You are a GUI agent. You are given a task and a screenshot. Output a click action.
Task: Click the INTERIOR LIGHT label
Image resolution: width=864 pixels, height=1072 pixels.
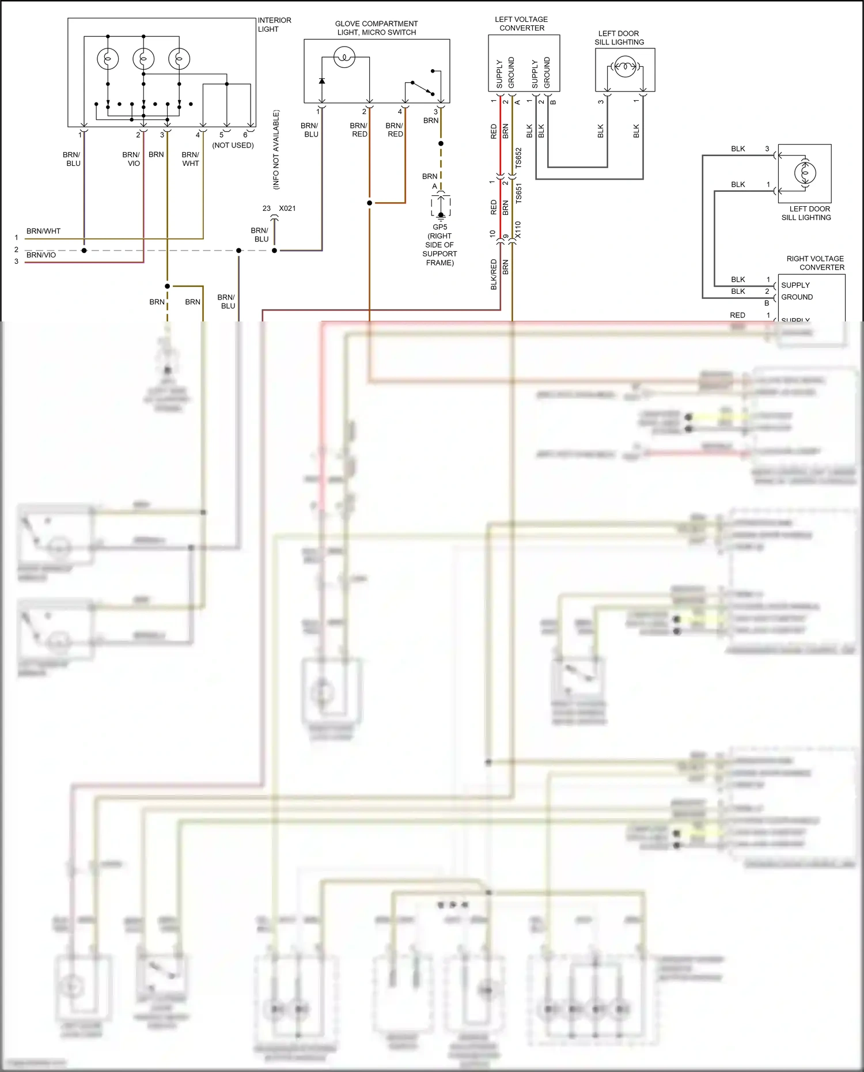point(274,24)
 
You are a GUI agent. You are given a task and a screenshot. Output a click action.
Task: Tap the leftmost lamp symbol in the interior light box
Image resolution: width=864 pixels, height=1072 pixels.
point(108,59)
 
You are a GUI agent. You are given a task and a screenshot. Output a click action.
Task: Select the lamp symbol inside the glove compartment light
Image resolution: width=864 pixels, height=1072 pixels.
point(344,58)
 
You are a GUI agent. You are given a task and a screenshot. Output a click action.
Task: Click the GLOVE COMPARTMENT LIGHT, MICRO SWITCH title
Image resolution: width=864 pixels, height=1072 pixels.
point(376,28)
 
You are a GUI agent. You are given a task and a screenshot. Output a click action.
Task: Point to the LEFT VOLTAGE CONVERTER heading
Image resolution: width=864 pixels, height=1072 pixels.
point(521,24)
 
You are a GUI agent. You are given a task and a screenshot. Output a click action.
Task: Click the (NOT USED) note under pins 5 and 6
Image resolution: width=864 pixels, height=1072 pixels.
point(233,145)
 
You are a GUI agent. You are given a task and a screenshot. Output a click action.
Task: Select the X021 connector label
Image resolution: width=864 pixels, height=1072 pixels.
point(287,209)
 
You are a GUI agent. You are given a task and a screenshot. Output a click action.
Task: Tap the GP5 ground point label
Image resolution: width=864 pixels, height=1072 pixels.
point(440,227)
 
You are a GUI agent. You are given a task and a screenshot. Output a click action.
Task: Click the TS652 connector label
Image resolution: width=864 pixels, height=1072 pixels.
point(518,158)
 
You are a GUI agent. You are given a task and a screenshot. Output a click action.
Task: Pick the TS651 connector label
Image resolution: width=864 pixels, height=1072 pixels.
point(518,194)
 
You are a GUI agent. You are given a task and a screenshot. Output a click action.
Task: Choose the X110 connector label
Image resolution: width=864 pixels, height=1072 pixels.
point(518,230)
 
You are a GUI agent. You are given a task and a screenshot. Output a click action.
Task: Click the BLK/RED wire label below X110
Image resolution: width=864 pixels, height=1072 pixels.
point(494,274)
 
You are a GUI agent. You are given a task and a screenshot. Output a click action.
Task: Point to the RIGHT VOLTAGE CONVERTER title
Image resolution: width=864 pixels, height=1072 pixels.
point(815,263)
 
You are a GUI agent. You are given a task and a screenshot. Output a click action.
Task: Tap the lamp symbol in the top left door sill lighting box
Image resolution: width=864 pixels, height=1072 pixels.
point(624,67)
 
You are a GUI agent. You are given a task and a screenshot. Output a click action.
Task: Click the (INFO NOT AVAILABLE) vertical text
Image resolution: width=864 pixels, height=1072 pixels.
point(276,150)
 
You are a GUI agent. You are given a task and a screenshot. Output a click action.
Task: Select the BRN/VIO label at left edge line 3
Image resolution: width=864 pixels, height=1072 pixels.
point(41,255)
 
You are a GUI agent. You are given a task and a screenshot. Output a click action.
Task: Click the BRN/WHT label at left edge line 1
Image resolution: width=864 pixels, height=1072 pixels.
point(43,231)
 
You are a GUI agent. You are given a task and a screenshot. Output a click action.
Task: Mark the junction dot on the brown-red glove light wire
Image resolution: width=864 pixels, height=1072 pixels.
point(369,203)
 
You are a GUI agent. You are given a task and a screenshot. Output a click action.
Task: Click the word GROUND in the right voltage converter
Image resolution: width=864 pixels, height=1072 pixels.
point(797,297)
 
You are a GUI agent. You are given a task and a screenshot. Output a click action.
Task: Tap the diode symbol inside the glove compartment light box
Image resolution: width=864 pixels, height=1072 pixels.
point(321,81)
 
